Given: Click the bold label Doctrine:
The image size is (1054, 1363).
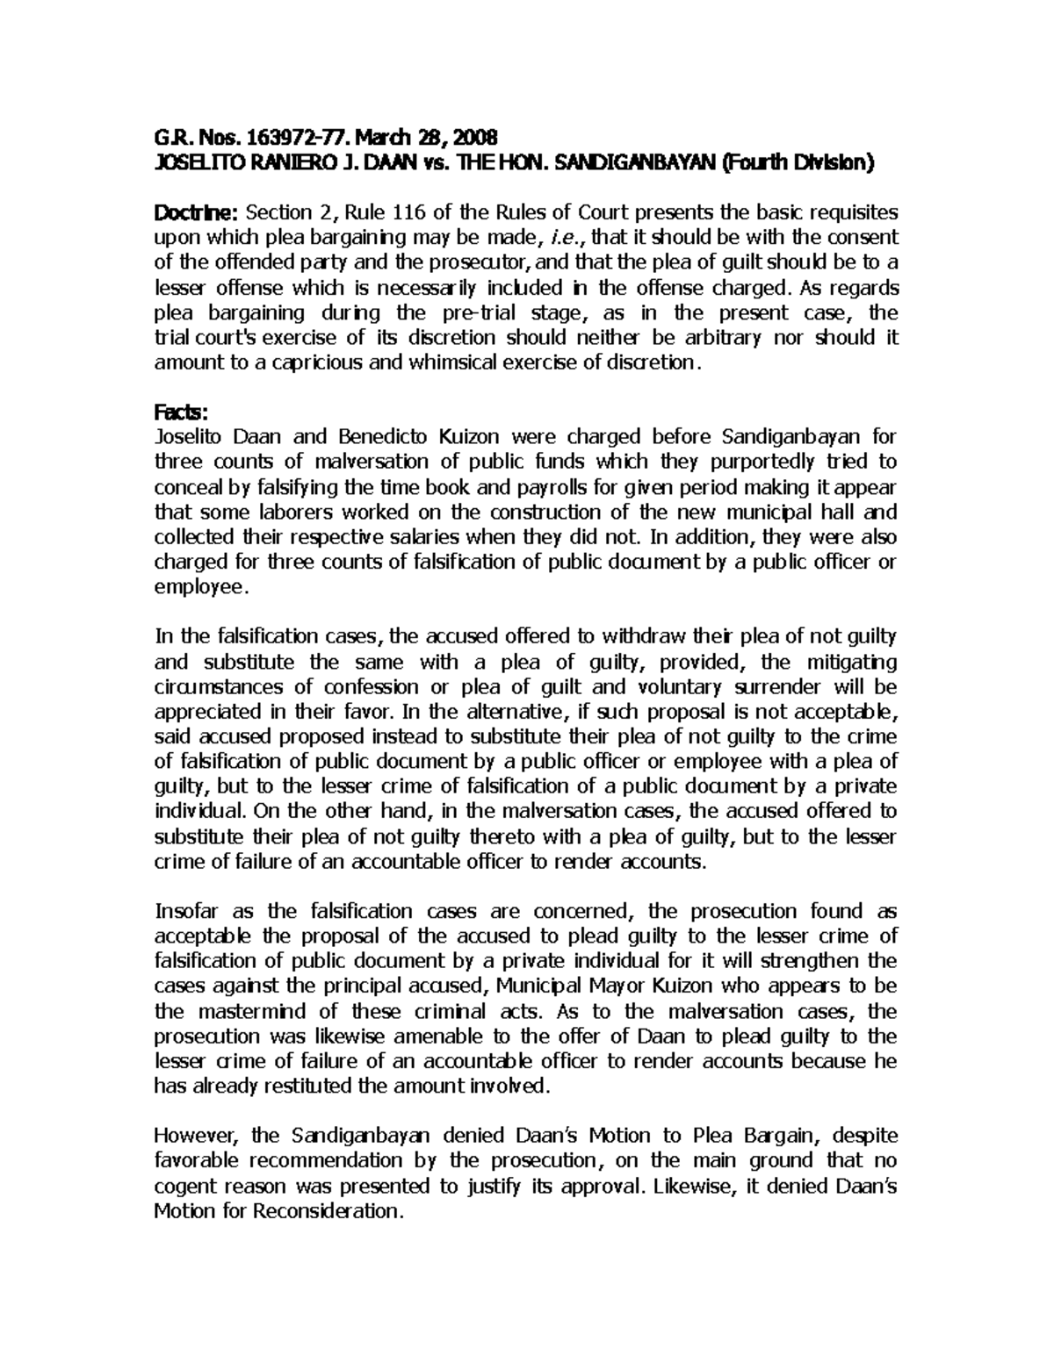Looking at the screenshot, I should point(196,212).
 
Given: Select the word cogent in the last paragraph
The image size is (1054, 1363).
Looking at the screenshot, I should point(186,1186).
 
